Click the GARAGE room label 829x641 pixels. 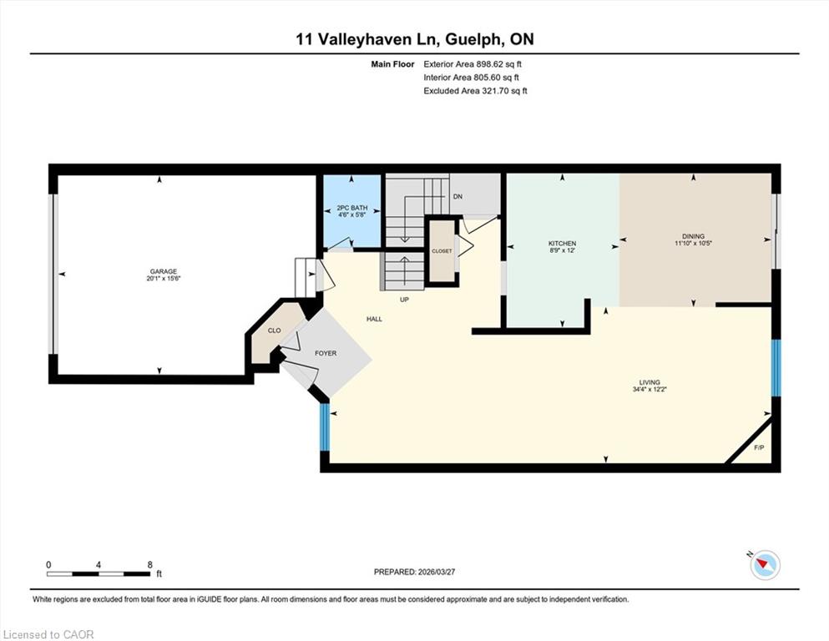point(163,271)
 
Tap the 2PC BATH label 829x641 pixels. point(352,208)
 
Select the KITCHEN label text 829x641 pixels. point(562,244)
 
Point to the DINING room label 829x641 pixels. point(693,236)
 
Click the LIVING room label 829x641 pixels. point(650,382)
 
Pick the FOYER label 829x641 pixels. point(325,354)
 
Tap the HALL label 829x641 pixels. point(374,319)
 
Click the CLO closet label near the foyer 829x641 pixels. point(275,331)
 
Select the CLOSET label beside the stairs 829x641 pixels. point(442,251)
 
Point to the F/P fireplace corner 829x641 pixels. point(759,447)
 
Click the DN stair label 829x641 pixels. point(457,197)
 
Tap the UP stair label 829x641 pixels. point(404,300)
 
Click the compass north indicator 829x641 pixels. point(765,564)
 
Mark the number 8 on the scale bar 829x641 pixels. point(150,564)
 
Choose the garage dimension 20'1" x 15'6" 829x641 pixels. point(164,279)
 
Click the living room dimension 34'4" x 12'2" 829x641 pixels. point(650,390)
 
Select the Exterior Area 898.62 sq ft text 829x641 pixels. point(473,64)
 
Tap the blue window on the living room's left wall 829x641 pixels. point(325,427)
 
